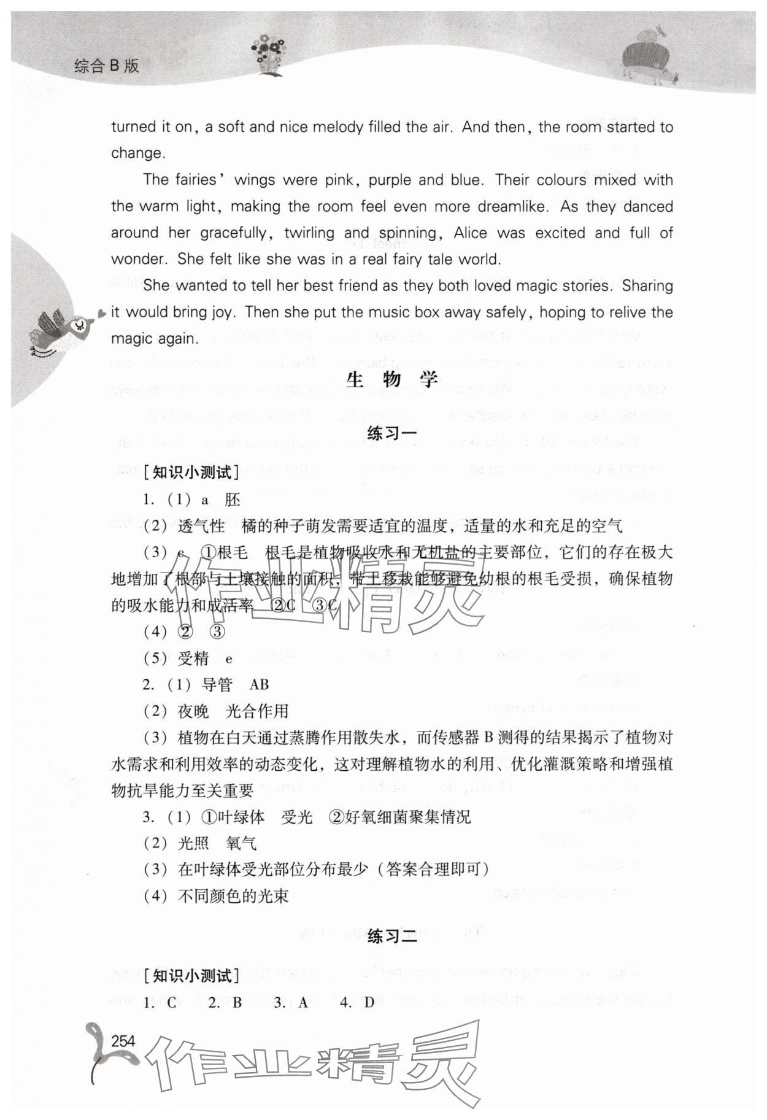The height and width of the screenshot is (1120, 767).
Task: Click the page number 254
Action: click(123, 1041)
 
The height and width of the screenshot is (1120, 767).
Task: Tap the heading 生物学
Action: click(391, 380)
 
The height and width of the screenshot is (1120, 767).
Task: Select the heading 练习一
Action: click(391, 433)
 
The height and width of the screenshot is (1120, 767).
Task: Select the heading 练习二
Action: click(391, 937)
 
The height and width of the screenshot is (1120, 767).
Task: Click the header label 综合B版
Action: click(107, 66)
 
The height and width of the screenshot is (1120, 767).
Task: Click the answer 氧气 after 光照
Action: click(241, 843)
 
